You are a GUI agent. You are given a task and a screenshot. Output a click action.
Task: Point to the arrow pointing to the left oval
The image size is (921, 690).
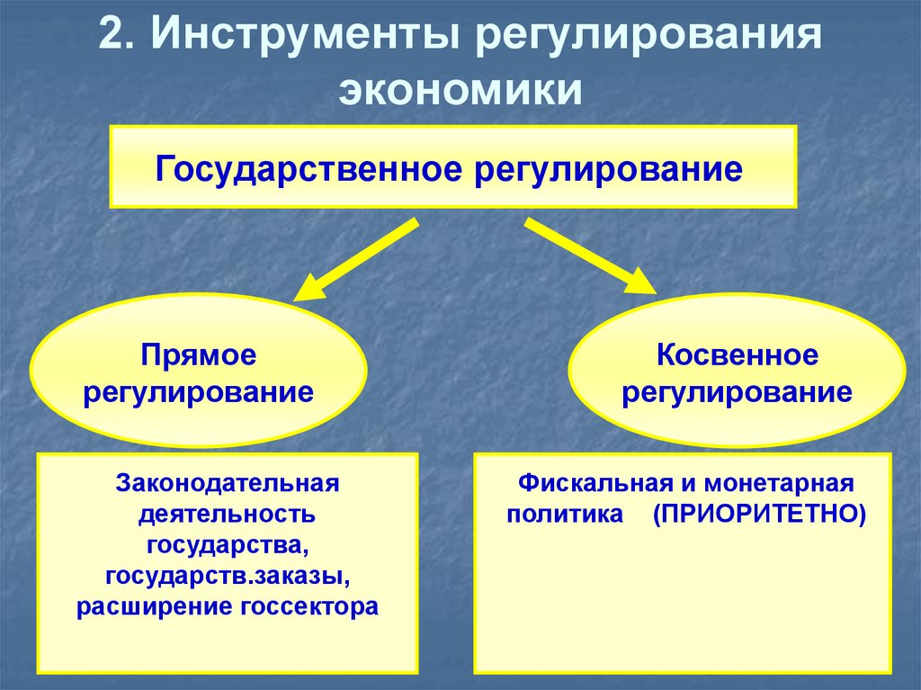[x=356, y=260]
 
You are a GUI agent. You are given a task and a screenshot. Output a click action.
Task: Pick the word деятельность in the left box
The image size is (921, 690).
[x=226, y=515]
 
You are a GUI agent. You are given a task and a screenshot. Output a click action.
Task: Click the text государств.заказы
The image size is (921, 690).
[x=227, y=575]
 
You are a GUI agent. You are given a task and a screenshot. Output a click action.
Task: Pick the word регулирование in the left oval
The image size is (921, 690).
[x=199, y=393]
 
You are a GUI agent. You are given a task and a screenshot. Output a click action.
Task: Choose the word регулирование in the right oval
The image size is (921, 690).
[x=738, y=393]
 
